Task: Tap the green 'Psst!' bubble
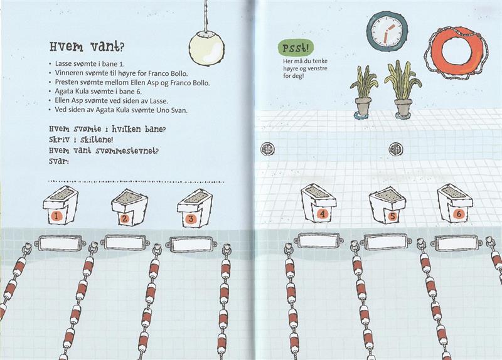coord(296,48)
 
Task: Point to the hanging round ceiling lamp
coord(206,48)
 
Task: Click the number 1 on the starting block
coord(56,216)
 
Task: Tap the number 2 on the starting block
coord(124,218)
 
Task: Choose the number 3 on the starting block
coord(191,219)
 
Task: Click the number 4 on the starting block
coord(323,214)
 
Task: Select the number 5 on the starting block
coord(392,216)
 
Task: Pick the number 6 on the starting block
coord(459,214)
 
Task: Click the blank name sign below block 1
coord(60,243)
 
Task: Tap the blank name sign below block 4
coord(319,240)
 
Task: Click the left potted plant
coord(363,92)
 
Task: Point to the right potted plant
coord(402,90)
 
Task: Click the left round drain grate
coord(267,149)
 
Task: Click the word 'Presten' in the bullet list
coord(65,82)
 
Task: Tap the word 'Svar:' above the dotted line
coord(59,161)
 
